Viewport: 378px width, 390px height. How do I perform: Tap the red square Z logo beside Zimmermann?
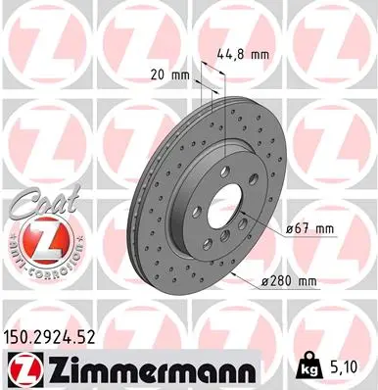[23, 369]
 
